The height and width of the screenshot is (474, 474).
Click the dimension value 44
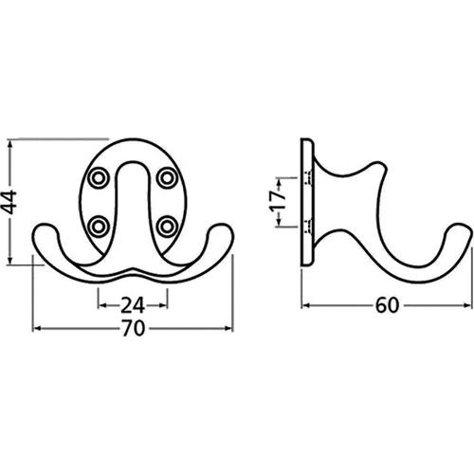coord(9,202)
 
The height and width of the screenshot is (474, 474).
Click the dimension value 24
coord(133,305)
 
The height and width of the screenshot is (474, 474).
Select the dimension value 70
coord(133,328)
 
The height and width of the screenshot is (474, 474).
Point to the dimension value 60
coord(388,305)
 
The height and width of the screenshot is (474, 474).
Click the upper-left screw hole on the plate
coord(99,178)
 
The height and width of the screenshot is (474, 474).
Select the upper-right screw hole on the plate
coord(167,178)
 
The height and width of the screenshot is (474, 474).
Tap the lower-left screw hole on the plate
coord(99,227)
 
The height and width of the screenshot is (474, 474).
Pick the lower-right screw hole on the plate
coord(167,227)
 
